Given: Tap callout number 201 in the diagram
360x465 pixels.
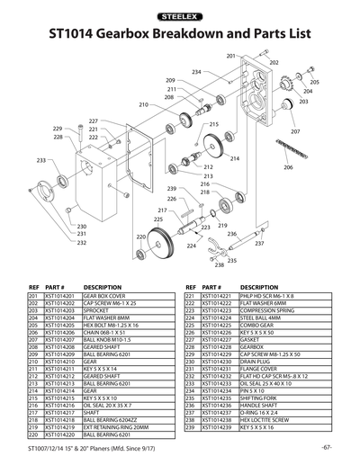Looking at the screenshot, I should click(x=230, y=56).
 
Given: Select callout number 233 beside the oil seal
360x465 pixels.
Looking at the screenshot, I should click(x=40, y=160).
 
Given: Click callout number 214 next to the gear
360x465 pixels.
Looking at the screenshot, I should click(x=234, y=159).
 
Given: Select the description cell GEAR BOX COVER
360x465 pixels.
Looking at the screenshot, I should click(x=104, y=295).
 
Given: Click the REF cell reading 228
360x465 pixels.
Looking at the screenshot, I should click(x=191, y=345).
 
